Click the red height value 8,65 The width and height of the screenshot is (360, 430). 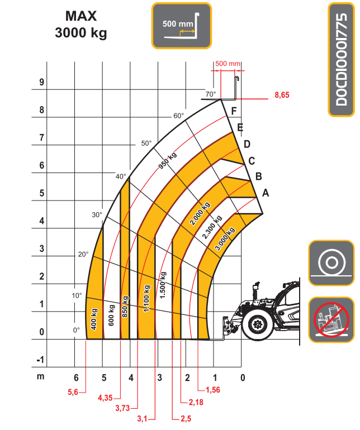point(282,95)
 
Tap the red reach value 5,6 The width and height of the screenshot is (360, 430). point(73,392)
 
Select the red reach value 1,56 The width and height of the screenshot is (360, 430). point(213,390)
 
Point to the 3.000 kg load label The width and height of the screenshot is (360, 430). point(225,238)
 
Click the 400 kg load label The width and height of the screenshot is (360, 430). point(94,319)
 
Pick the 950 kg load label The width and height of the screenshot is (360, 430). point(168,160)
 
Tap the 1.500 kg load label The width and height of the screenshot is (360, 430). point(163,285)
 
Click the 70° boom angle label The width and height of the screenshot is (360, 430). point(211,94)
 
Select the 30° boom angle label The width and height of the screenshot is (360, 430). point(97,215)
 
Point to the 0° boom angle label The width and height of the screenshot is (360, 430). point(77,330)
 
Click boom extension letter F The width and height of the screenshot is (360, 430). point(234,111)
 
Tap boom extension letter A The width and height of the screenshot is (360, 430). point(266,193)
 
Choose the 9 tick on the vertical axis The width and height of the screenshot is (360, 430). point(41,82)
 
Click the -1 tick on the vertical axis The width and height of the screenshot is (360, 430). point(40,360)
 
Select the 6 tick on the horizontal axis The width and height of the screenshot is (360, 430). point(76,378)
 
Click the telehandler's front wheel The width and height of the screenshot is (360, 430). point(258,324)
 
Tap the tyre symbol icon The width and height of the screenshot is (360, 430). point(331,263)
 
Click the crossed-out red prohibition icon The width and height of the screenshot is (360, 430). point(331,320)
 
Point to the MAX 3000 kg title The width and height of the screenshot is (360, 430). point(81,25)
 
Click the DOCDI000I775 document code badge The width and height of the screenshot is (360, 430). point(342,60)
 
